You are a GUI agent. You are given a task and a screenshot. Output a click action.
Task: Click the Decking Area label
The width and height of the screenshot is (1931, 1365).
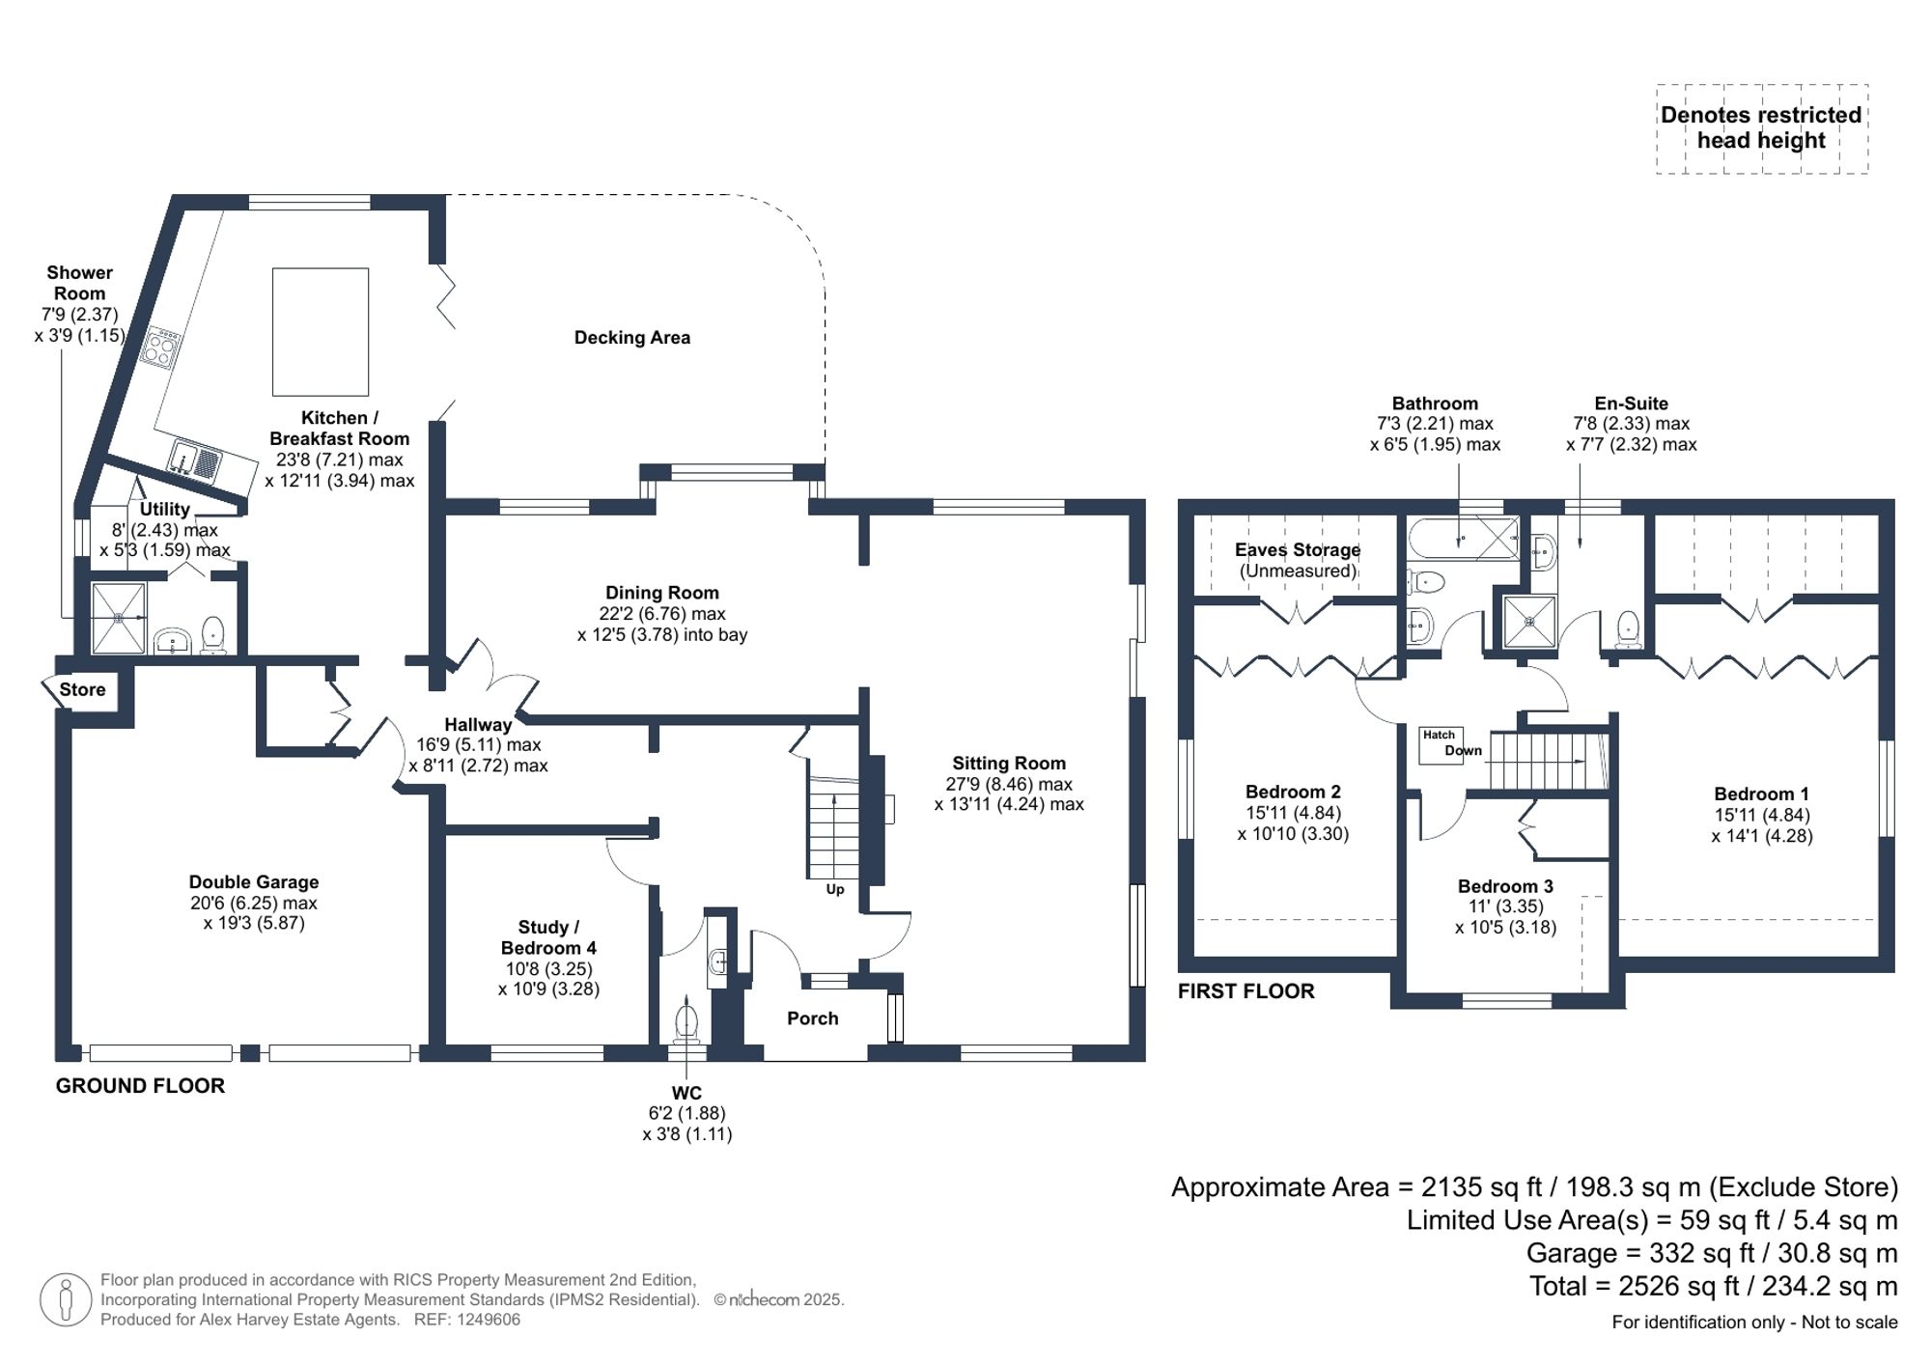[x=631, y=338]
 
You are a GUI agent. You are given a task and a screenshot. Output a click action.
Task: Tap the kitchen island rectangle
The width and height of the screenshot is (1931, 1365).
[x=320, y=331]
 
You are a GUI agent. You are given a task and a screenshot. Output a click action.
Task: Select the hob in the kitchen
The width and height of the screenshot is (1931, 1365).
[x=160, y=348]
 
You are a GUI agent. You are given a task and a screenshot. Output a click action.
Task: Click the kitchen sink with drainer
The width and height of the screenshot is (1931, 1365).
[x=196, y=460]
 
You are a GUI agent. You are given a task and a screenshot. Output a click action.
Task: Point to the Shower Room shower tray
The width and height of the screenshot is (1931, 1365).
[x=119, y=617]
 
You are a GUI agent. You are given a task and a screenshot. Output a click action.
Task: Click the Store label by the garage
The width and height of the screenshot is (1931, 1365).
[x=82, y=689]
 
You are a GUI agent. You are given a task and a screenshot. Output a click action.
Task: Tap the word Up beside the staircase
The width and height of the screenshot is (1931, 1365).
[x=834, y=889]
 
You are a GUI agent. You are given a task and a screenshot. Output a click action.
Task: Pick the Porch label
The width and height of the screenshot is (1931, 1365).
[x=812, y=1018]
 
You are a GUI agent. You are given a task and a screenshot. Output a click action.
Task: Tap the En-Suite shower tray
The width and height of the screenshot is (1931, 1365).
[x=1530, y=622]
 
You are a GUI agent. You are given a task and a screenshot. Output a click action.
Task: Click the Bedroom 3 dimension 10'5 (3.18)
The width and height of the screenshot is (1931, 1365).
[x=1505, y=929]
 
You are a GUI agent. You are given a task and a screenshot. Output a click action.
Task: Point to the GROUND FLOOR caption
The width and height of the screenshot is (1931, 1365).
[x=140, y=1086]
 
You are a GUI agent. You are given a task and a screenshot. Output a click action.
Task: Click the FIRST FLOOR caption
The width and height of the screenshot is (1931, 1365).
[x=1245, y=991]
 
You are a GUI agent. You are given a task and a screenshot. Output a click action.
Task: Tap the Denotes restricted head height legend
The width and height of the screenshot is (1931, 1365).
[x=1761, y=127]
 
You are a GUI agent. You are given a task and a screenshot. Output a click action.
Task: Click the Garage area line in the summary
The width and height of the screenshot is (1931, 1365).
[x=1711, y=1253]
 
